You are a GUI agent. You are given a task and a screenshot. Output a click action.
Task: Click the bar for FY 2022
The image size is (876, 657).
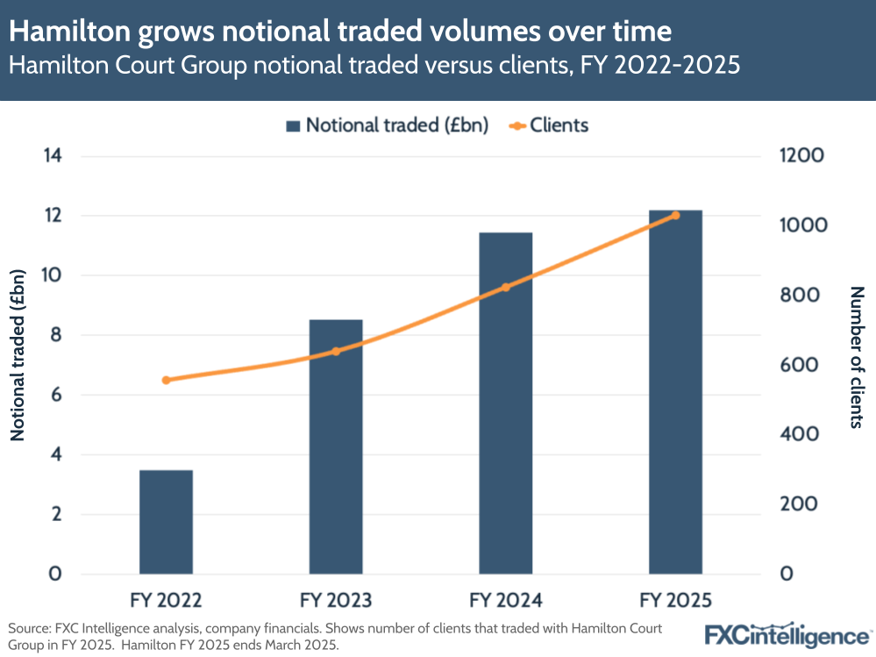pos(166,522)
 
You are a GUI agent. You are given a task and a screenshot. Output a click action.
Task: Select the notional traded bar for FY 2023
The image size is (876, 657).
pos(336,447)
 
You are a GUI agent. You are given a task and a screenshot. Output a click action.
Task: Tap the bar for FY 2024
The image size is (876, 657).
pos(506,403)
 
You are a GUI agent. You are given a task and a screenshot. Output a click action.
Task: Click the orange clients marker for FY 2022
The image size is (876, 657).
pos(166,380)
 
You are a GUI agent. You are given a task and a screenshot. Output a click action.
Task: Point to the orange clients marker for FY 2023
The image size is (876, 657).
pos(336,352)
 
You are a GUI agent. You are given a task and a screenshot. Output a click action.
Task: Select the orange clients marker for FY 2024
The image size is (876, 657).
pos(506,287)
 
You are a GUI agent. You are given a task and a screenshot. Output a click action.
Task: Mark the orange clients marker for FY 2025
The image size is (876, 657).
pos(675,215)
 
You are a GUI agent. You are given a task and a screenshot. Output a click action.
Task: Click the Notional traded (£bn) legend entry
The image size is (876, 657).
pos(387,125)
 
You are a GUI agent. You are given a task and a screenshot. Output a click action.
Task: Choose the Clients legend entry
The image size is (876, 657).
pos(548,125)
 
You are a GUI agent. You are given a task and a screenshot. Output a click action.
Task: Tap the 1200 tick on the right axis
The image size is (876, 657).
pos(801,156)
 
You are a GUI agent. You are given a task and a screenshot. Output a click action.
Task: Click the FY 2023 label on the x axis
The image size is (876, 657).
pos(336,601)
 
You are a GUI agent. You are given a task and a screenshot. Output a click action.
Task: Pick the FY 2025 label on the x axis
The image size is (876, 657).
pos(675,601)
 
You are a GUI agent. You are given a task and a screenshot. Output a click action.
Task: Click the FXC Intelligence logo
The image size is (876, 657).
pos(787,634)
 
